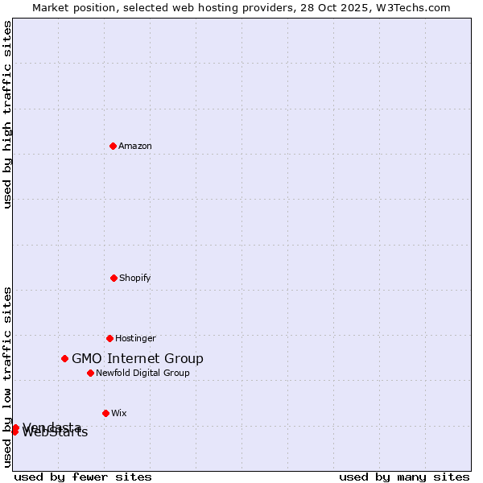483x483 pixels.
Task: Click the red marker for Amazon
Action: pyautogui.click(x=113, y=146)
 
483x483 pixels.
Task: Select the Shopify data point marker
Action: pyautogui.click(x=114, y=278)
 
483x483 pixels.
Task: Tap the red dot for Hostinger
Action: pyautogui.click(x=109, y=338)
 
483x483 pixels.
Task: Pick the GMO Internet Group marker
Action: pyautogui.click(x=64, y=358)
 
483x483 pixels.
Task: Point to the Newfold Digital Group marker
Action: pyautogui.click(x=90, y=373)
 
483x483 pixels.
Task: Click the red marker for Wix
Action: pyautogui.click(x=105, y=413)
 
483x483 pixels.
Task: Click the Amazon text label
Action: pyautogui.click(x=135, y=146)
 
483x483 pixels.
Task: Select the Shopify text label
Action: pyautogui.click(x=135, y=278)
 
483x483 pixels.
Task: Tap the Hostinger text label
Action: pyautogui.click(x=135, y=338)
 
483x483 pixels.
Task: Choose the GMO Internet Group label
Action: pyautogui.click(x=138, y=358)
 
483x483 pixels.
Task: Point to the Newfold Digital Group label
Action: pyautogui.click(x=142, y=373)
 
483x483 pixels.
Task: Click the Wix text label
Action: pyautogui.click(x=119, y=413)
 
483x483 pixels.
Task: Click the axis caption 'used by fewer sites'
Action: pyautogui.click(x=83, y=477)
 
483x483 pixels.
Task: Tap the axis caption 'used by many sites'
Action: pyautogui.click(x=404, y=477)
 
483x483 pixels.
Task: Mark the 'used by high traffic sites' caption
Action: pyautogui.click(x=8, y=114)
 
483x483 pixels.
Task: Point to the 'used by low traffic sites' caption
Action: pyautogui.click(x=8, y=376)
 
